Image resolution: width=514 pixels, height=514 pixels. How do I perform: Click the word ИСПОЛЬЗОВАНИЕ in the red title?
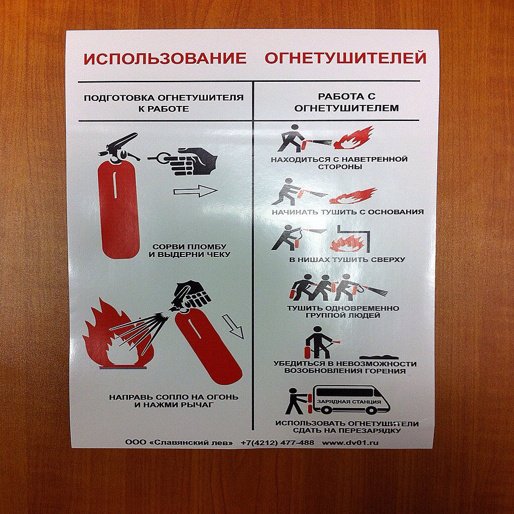[x=165, y=59]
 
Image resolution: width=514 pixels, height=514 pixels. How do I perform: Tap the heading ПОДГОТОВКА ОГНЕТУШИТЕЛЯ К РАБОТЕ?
[x=164, y=103]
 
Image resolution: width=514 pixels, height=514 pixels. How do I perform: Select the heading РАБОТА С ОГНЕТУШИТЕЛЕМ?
[x=346, y=102]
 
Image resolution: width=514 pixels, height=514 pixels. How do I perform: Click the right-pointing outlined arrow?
[x=195, y=191]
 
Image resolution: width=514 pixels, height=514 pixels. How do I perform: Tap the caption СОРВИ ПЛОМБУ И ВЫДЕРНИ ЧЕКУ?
[x=190, y=250]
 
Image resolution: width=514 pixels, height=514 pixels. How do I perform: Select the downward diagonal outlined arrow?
[x=233, y=326]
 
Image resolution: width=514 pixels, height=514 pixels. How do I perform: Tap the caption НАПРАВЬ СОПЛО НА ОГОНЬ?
[x=174, y=400]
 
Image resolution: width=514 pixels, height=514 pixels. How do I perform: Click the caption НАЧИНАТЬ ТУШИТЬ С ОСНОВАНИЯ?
[x=347, y=212]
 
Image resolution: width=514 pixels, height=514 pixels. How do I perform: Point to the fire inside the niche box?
[x=347, y=243]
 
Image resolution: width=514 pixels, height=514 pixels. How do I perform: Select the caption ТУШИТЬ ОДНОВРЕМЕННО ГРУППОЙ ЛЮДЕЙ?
[x=343, y=312]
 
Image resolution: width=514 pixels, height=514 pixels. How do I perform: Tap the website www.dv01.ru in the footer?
[x=350, y=443]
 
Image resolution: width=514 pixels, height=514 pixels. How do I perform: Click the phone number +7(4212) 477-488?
[x=277, y=443]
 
